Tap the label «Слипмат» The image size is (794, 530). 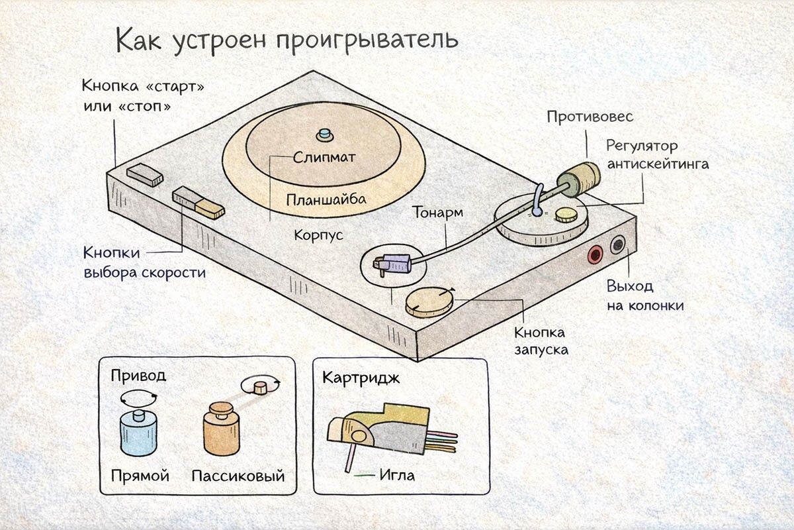pos(324,158)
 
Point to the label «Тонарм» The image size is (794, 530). pos(437,213)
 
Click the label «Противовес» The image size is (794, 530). pos(590,117)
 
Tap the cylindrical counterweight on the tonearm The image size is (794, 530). pos(578,176)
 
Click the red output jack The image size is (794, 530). pos(595,254)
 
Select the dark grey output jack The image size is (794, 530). pos(618,244)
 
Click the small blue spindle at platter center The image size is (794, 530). pos(324,134)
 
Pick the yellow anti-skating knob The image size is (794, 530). pos(566,214)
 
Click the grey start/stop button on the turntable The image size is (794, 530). pos(145,175)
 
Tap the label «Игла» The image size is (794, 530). pos(397,475)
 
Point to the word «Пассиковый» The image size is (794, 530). pos(238,476)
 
